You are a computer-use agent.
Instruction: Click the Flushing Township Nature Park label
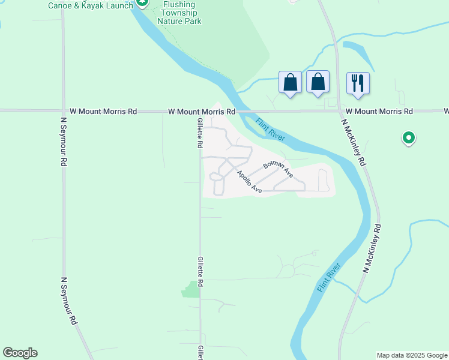[x=179, y=13]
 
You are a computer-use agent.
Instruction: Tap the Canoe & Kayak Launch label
[x=90, y=5]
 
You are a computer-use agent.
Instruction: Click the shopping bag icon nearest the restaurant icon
[x=318, y=82]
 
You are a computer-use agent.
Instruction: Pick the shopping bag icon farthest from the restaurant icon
[x=291, y=82]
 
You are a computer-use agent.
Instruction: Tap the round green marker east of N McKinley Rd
[x=408, y=139]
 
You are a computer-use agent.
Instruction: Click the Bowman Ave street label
[x=277, y=169]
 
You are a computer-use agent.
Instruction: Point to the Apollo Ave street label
[x=250, y=182]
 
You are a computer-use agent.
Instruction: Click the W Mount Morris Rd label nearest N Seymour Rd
[x=103, y=112]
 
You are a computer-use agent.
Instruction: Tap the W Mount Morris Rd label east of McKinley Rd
[x=379, y=112]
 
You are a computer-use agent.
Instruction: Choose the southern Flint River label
[x=329, y=278]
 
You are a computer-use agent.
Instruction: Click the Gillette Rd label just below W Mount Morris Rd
[x=200, y=133]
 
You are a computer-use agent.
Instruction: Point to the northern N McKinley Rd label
[x=354, y=142]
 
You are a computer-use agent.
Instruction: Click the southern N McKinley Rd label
[x=372, y=250]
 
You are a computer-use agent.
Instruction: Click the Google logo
[x=20, y=353]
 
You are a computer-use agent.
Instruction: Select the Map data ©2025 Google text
[x=412, y=355]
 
